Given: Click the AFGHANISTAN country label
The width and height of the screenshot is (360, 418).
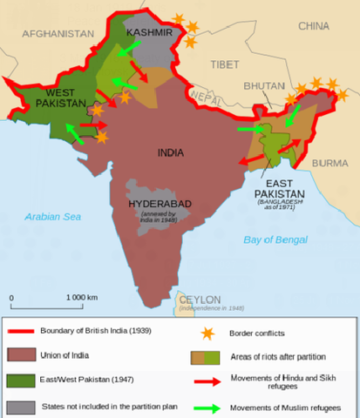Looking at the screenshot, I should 58,33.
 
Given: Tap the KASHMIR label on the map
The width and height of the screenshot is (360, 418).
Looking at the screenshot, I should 147,32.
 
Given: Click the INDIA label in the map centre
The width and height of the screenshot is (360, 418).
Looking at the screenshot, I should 170,152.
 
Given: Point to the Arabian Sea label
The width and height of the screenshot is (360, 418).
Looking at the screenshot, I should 54,217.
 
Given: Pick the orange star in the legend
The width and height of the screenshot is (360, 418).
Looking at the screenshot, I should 206,333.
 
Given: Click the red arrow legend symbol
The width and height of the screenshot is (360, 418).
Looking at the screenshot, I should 206,381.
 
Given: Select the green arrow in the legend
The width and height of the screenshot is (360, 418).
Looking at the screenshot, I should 206,407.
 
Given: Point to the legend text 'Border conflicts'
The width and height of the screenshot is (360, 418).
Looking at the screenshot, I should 257,333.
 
